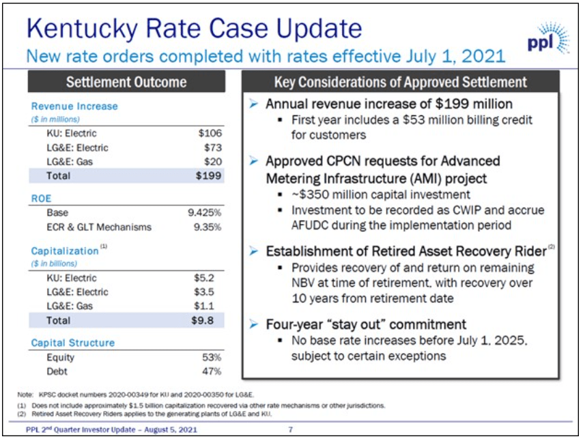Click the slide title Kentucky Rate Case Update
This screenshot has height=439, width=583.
[x=193, y=28]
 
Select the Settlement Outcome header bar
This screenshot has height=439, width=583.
[x=126, y=82]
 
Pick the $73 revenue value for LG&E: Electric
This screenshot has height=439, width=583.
[x=214, y=147]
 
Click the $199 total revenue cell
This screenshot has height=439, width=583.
[x=210, y=175]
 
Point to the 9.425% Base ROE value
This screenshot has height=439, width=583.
[x=205, y=213]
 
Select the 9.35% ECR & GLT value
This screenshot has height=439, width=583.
[x=208, y=227]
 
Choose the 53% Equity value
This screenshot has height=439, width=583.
[x=212, y=358]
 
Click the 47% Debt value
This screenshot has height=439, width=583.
[x=212, y=371]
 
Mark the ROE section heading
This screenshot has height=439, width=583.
[x=42, y=199]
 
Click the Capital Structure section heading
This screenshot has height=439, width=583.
[x=73, y=343]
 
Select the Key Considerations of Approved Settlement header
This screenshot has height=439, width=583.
[x=401, y=82]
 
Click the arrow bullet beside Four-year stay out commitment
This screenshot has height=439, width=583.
[x=253, y=324]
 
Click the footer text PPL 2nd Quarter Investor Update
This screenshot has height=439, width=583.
[x=102, y=429]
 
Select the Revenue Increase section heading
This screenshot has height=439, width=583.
[x=74, y=107]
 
